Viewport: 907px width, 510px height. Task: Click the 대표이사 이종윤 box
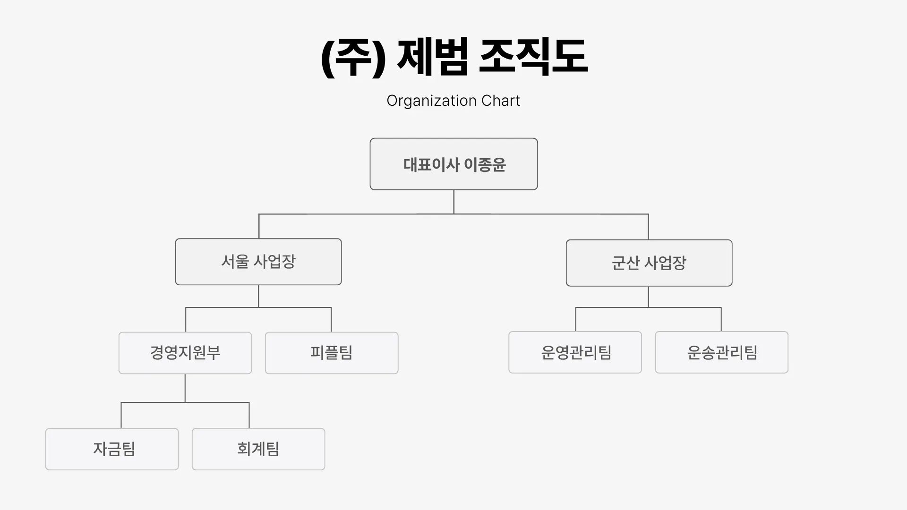coord(453,164)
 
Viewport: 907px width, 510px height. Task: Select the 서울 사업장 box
coord(258,262)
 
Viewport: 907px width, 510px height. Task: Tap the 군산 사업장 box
coord(649,263)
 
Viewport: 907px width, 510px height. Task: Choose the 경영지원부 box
coord(185,353)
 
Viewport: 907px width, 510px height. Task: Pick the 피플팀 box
coord(332,353)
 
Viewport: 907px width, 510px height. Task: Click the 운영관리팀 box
coord(575,352)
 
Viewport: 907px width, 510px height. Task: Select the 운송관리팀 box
coord(721,352)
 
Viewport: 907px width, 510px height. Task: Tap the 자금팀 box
coord(112,449)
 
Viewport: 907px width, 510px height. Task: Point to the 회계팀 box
coord(258,449)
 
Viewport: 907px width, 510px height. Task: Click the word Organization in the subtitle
coord(431,101)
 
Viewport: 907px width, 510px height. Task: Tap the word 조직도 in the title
coord(533,57)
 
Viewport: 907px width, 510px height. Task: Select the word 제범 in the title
coord(433,57)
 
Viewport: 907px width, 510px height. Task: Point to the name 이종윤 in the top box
coord(485,164)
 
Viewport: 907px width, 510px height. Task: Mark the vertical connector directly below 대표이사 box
coord(453,202)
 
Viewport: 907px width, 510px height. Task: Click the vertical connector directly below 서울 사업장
coord(258,296)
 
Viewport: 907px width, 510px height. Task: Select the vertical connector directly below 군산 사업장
coord(648,297)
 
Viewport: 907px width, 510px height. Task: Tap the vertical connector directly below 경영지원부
coord(185,388)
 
